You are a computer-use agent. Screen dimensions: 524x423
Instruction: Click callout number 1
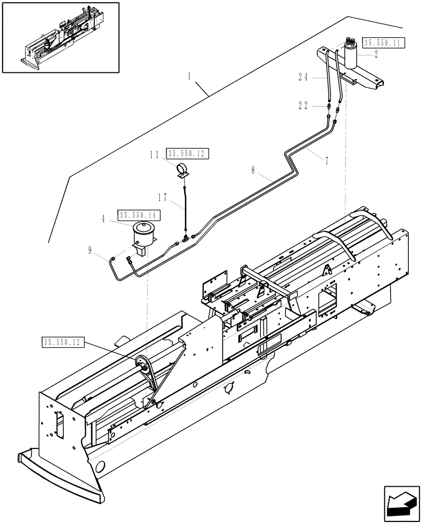[190, 77]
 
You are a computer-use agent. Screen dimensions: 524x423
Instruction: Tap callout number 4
[103, 219]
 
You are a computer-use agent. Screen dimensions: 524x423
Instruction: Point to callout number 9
[91, 251]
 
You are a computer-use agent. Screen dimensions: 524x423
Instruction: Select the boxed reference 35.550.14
[139, 215]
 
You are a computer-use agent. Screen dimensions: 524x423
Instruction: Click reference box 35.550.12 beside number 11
[187, 154]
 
